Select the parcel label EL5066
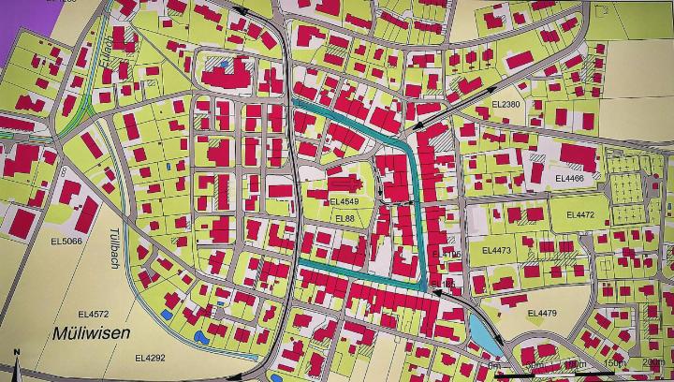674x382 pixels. tap(66, 241)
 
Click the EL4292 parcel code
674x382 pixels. tap(150, 357)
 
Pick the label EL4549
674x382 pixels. tap(344, 201)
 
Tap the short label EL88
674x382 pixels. tap(344, 218)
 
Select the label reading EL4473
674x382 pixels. tap(496, 250)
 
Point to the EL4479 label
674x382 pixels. tap(542, 313)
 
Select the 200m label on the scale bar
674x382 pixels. tap(652, 364)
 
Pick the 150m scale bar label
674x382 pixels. tap(613, 364)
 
